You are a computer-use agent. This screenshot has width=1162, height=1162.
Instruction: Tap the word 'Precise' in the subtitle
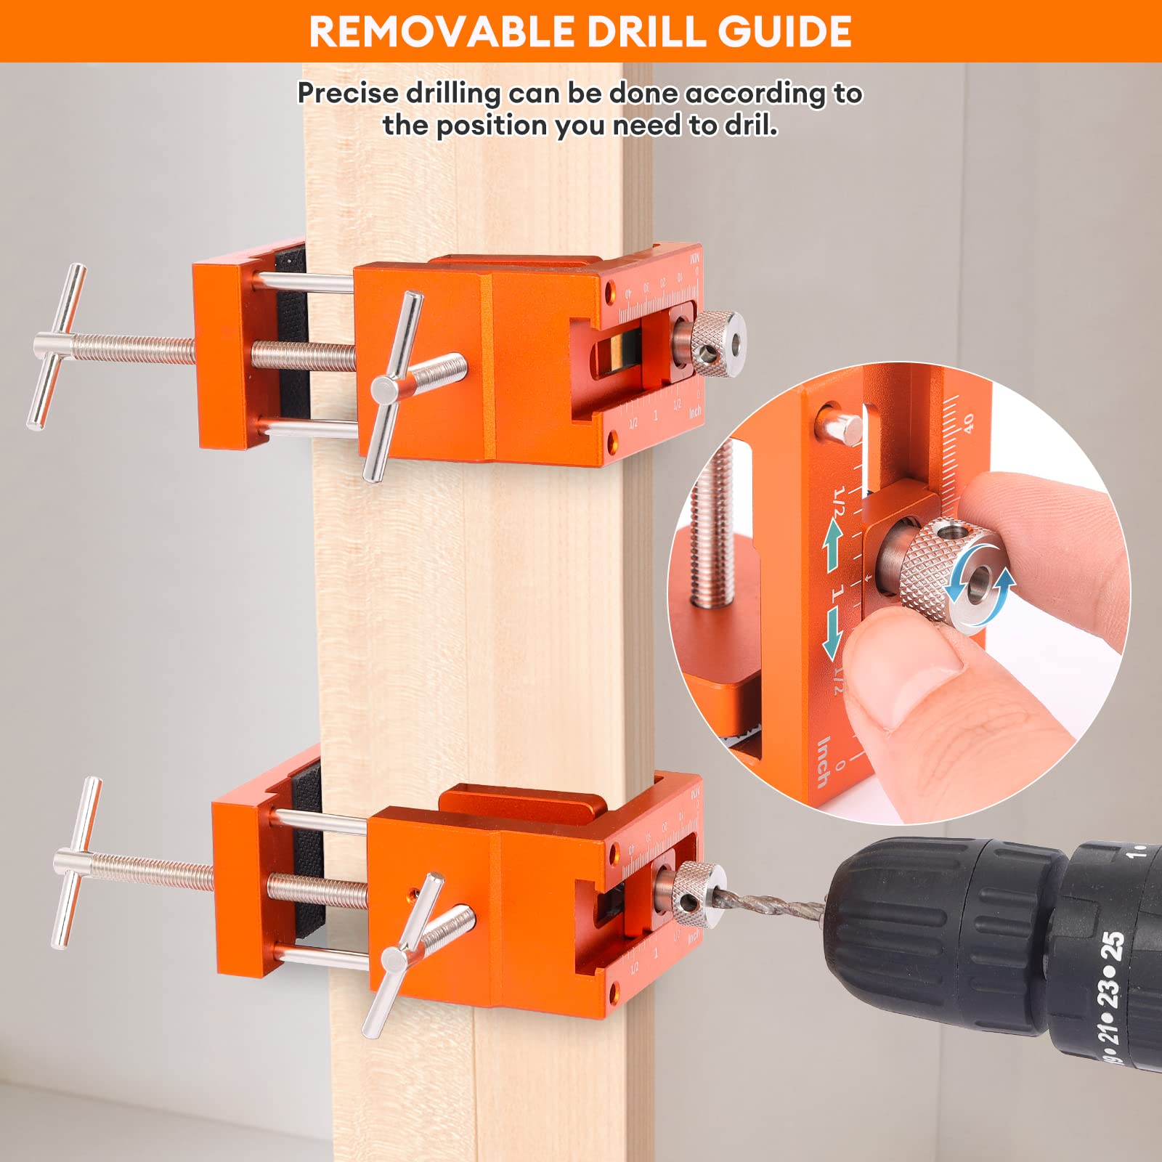tap(348, 93)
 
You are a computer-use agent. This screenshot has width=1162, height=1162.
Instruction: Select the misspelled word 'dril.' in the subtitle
tap(750, 126)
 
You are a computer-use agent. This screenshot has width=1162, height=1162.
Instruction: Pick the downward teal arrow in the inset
tap(832, 633)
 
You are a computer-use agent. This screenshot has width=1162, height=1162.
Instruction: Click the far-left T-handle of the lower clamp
tap(76, 861)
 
